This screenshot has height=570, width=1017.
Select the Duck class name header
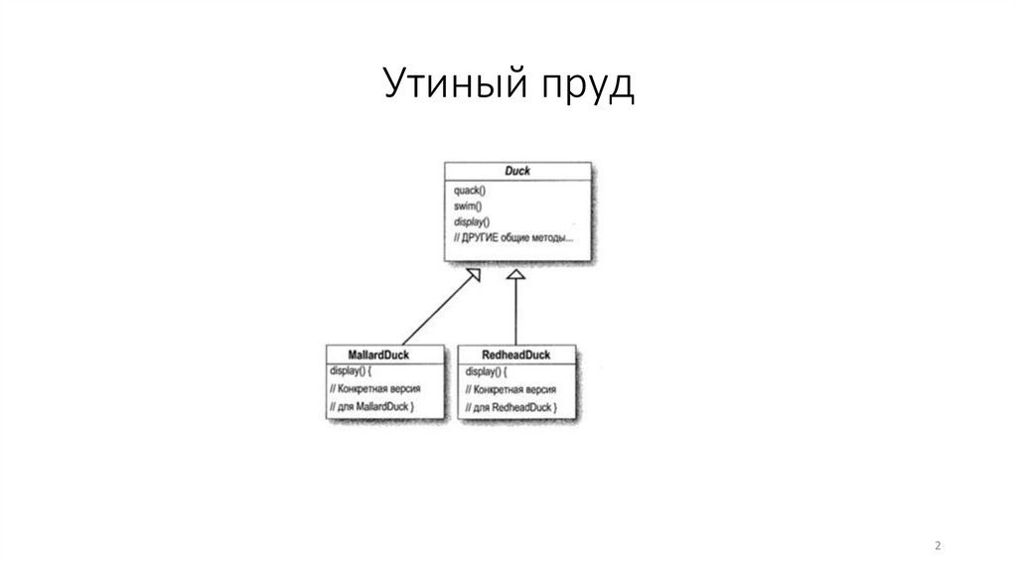(x=516, y=171)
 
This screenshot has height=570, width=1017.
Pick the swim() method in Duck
(x=467, y=206)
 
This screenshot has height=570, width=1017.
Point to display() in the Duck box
(x=471, y=221)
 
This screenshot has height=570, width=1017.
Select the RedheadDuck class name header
(x=514, y=354)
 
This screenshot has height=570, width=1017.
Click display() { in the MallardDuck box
(x=354, y=370)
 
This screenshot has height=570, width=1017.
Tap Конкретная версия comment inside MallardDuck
(x=372, y=388)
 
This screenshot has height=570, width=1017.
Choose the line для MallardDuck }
(x=371, y=406)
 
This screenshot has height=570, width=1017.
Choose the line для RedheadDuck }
(x=510, y=408)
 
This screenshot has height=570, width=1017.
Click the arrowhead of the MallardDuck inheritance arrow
(x=474, y=274)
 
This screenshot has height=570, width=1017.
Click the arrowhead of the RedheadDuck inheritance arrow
(x=514, y=275)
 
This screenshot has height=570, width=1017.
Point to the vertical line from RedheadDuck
(x=514, y=313)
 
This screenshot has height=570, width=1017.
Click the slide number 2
(x=938, y=546)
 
